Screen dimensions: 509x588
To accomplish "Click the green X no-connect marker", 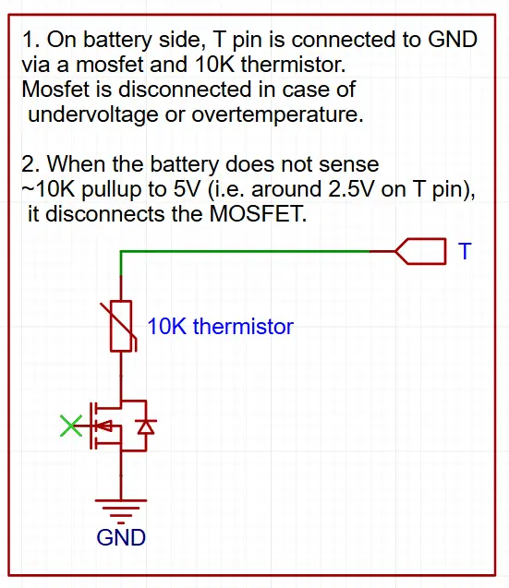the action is (x=71, y=426).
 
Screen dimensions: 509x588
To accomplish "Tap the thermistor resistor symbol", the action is (x=121, y=326).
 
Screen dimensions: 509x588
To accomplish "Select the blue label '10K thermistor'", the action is (x=220, y=326).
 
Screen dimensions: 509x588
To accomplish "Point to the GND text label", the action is (x=121, y=537).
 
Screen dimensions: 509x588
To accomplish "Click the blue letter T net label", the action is (x=465, y=251).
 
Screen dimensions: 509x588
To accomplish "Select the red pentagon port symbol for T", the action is (x=421, y=251).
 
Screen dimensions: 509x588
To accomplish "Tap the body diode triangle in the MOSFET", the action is (x=146, y=426).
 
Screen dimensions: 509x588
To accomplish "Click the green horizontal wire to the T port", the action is (x=246, y=251).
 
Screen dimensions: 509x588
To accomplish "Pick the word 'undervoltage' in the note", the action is (x=93, y=114).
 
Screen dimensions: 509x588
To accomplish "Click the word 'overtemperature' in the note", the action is (x=277, y=114).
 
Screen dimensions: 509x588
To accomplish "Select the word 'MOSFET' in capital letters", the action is (x=258, y=214).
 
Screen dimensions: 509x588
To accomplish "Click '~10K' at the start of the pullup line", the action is (x=48, y=189).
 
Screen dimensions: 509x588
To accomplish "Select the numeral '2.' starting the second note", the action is (x=30, y=164).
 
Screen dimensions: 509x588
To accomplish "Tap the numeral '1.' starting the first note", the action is (x=31, y=40).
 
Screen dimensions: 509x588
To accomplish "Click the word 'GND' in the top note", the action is (x=453, y=40).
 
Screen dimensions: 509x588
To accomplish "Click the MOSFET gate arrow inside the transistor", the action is (x=104, y=426).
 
